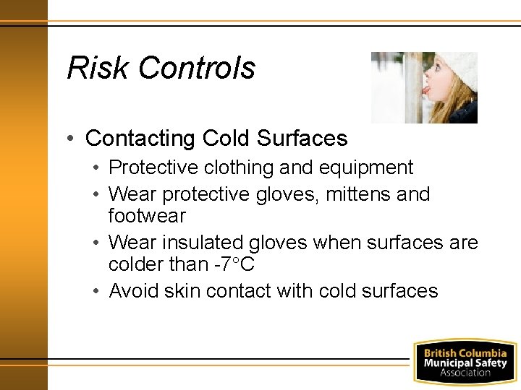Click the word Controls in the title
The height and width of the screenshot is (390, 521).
point(196,68)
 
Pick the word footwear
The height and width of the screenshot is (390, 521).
point(147,215)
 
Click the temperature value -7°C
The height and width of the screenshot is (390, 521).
point(234,264)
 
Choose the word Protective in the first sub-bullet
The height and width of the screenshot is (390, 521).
point(152,168)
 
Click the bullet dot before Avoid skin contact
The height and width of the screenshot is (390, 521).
point(98,291)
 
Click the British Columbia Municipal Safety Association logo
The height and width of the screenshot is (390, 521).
point(465,361)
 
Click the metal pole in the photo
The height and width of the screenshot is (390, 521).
point(413,87)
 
